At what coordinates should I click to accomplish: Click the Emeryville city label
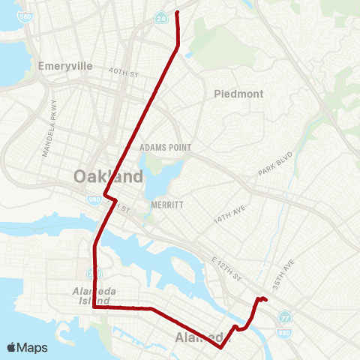(x=65, y=66)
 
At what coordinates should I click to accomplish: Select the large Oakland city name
(x=108, y=177)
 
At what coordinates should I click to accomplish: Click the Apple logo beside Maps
(x=11, y=347)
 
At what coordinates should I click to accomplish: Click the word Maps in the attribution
(x=32, y=348)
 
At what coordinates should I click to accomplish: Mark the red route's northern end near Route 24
(x=176, y=13)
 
